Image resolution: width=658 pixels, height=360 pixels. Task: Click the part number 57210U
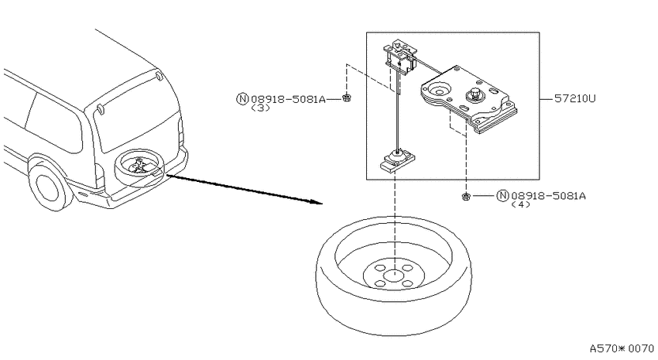coord(575,98)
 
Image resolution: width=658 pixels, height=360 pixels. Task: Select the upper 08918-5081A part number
coord(288,99)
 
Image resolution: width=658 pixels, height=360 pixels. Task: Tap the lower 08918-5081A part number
coord(549,196)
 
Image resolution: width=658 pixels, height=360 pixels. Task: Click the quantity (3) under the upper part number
coord(260,108)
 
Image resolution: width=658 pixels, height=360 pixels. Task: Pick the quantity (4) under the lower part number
coord(521,204)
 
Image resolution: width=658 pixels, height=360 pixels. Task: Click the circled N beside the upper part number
coord(242,99)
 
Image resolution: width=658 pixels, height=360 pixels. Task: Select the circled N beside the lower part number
coord(502,196)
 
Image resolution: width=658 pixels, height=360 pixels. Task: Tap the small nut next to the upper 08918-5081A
coord(346,98)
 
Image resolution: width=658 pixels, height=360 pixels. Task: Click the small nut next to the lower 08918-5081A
coord(465,196)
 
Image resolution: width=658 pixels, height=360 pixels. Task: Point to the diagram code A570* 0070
coord(622,348)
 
